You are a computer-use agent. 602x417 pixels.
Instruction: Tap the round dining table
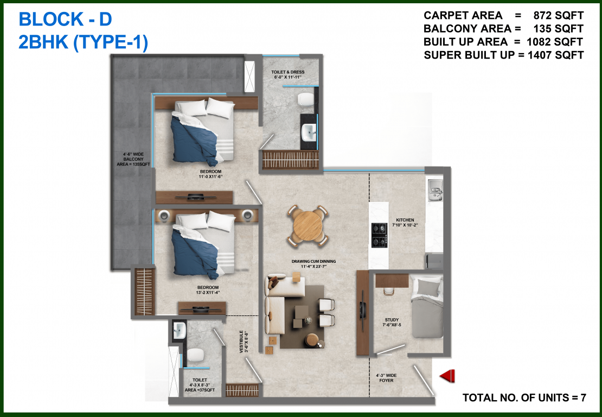[307, 224]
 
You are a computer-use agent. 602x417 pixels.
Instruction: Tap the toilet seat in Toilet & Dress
[306, 99]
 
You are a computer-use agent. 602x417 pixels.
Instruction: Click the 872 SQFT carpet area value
[558, 15]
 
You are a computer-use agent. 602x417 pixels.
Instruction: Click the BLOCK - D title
[65, 20]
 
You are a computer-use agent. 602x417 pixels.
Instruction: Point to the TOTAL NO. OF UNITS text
[524, 397]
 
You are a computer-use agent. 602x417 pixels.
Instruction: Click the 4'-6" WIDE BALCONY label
[132, 161]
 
